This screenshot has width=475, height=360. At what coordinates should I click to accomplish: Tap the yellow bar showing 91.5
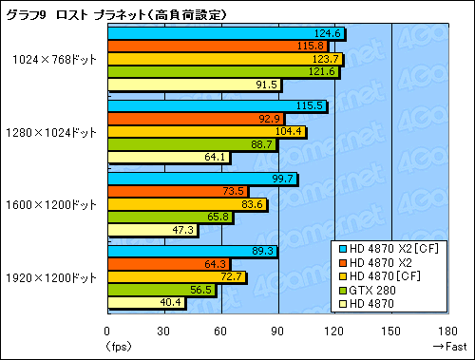point(194,85)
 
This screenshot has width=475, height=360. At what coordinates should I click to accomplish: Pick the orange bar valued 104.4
point(206,132)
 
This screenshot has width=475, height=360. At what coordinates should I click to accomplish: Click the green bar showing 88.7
point(191,144)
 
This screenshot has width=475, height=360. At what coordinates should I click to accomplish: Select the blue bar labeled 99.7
point(201,178)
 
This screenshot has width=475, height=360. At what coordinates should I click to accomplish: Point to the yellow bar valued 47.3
point(152,229)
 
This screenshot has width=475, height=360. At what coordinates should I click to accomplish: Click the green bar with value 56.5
point(161,290)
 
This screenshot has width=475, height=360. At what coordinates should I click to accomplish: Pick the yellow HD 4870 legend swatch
point(342,305)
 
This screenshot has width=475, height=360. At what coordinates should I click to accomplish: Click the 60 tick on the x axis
point(220,332)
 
